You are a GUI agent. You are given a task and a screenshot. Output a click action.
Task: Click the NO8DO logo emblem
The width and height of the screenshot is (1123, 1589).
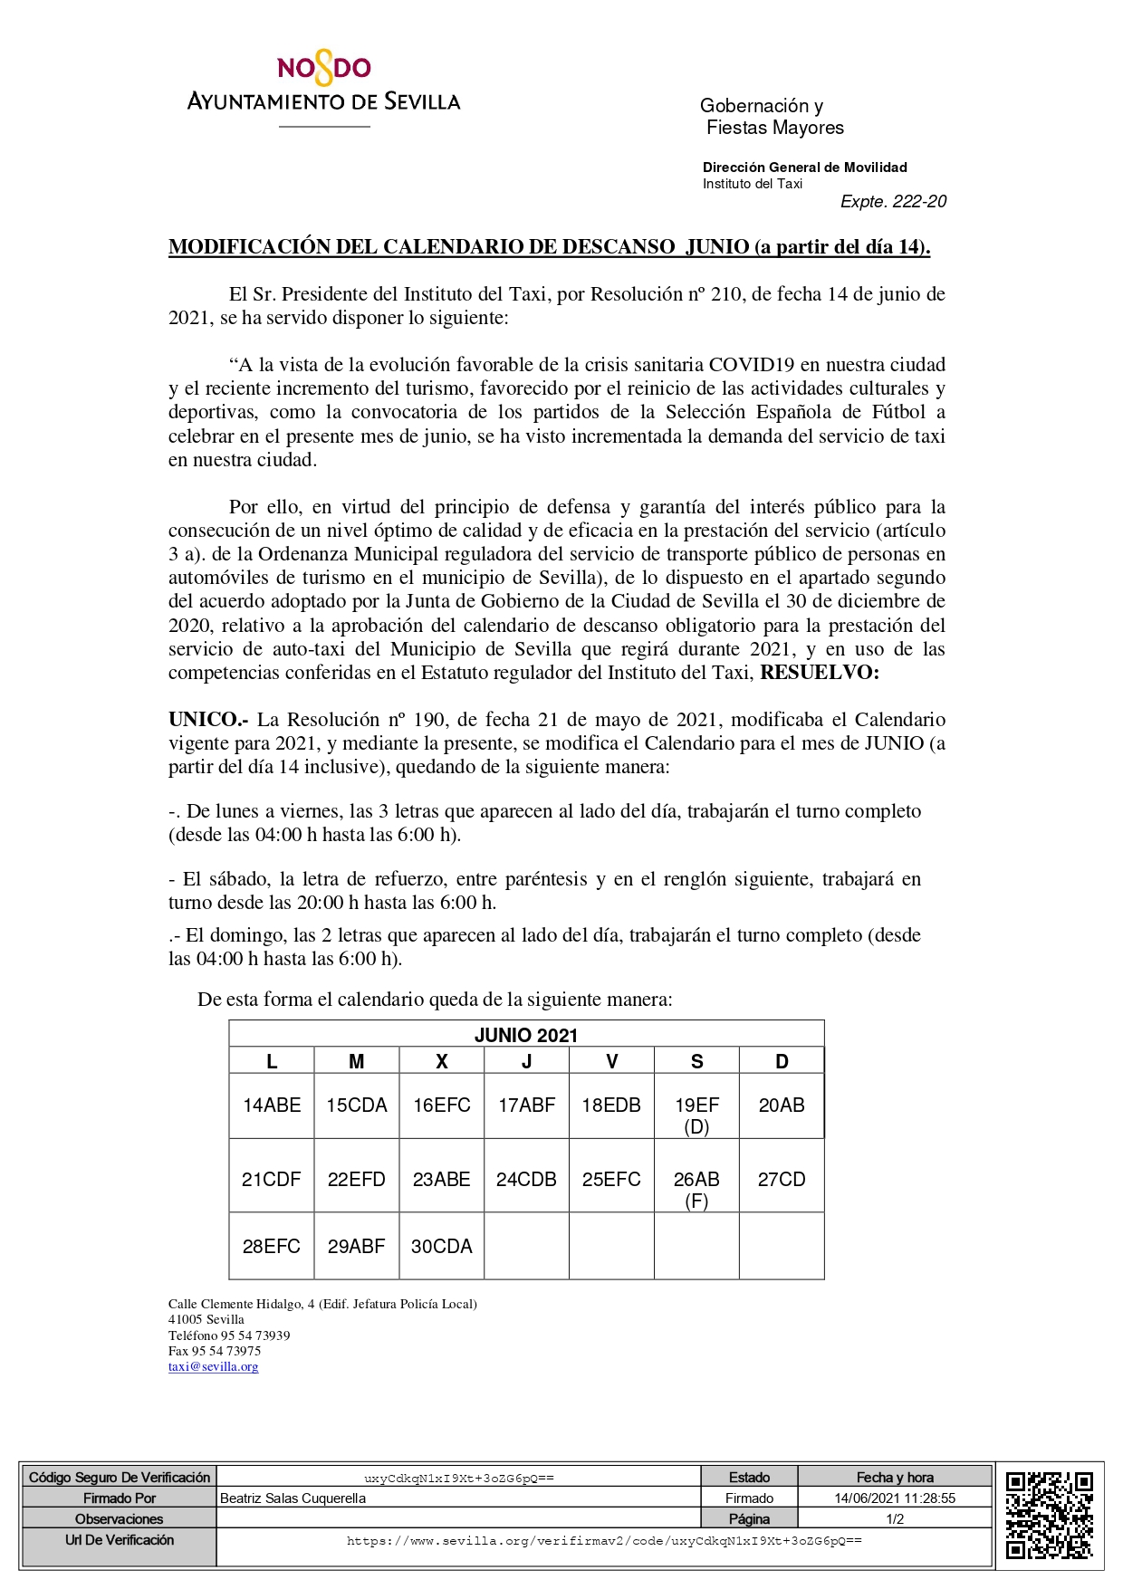[x=324, y=69]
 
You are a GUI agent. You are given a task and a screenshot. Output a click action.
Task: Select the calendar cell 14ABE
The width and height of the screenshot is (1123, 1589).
[x=272, y=1106]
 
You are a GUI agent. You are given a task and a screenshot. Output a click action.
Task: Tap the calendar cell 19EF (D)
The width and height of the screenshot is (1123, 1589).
[x=696, y=1115]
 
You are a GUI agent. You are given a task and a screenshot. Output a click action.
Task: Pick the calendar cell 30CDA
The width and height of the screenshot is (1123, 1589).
[x=442, y=1247]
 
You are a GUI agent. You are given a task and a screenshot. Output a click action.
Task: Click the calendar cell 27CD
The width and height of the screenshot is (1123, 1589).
[x=782, y=1180]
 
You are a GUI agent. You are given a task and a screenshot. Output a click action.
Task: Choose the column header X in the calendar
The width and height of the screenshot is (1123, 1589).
[x=442, y=1062]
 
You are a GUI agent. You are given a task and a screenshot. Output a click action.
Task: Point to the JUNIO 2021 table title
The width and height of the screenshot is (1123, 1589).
[x=526, y=1036]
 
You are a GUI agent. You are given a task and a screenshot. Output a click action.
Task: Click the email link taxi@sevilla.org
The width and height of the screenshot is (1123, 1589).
[x=214, y=1367]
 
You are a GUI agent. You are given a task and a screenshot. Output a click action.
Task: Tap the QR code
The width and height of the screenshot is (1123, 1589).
[x=1050, y=1516]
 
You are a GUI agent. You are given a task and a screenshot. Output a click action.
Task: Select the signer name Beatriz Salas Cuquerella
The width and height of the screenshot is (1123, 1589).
[x=293, y=1498]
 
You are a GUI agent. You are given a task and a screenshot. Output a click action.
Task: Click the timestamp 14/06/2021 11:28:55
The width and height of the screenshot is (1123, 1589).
[x=895, y=1498]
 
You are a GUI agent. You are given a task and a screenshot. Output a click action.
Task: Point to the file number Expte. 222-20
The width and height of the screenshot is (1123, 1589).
[x=893, y=202]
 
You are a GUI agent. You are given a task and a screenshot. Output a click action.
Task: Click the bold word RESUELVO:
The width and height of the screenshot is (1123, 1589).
[x=820, y=673]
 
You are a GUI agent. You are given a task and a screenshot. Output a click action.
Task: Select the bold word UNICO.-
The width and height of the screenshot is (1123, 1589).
[x=208, y=720]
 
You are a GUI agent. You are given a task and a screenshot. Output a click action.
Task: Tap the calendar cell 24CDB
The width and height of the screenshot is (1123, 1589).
[x=526, y=1180]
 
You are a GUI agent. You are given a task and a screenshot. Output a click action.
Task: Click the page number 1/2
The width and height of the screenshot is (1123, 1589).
[x=895, y=1519]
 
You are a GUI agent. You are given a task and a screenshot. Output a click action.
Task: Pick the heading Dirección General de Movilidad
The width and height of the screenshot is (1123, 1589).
[x=804, y=168]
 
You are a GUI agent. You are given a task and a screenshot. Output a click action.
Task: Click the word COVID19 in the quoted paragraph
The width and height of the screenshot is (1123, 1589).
[x=751, y=365]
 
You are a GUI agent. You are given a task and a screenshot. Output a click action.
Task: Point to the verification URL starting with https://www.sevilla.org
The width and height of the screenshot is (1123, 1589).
[x=604, y=1541]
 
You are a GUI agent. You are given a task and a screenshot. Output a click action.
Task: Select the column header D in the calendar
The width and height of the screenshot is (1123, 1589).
[x=782, y=1062]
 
